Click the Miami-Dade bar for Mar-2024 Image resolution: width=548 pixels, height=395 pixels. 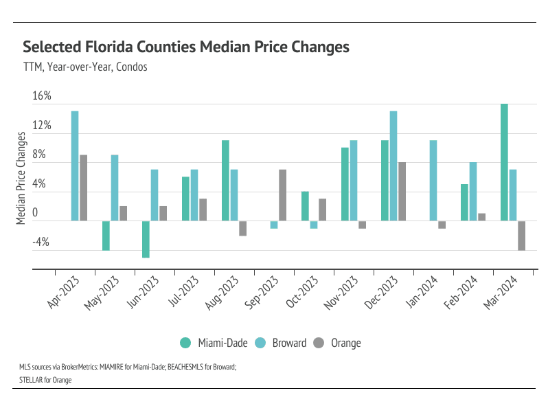click(504, 162)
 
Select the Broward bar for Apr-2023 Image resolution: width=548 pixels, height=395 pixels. click(75, 166)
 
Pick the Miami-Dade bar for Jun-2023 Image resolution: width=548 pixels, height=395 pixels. click(146, 239)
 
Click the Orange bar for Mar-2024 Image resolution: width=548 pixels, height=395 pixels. click(521, 236)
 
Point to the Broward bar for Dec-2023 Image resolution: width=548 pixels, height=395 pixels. click(393, 166)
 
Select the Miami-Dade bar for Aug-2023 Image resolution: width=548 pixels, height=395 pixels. click(225, 181)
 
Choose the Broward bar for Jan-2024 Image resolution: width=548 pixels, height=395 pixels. click(433, 181)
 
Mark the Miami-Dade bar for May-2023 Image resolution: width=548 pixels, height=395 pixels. click(106, 236)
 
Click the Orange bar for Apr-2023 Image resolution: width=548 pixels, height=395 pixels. click(83, 188)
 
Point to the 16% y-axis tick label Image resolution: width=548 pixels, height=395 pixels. click(42, 95)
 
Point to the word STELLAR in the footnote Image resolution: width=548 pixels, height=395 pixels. click(32, 378)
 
